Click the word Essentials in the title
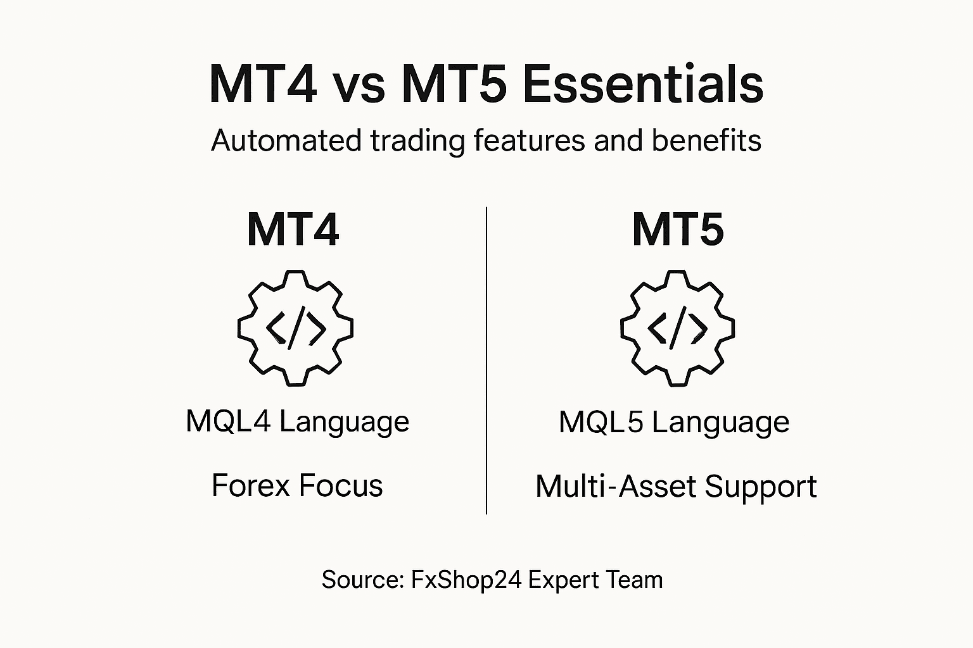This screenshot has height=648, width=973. click(x=643, y=84)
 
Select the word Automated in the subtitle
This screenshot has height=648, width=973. click(x=286, y=140)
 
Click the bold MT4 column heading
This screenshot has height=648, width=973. click(x=293, y=230)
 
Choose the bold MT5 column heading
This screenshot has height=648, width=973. click(x=678, y=230)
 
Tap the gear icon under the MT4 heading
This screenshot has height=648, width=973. click(x=295, y=328)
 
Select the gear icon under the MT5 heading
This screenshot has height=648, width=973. click(x=678, y=328)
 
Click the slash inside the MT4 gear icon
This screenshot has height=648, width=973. click(x=296, y=328)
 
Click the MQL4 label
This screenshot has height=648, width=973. click(x=228, y=421)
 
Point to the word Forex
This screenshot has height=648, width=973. click(x=251, y=486)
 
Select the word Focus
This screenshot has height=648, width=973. click(x=341, y=486)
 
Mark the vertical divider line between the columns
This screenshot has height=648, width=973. click(x=486, y=361)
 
